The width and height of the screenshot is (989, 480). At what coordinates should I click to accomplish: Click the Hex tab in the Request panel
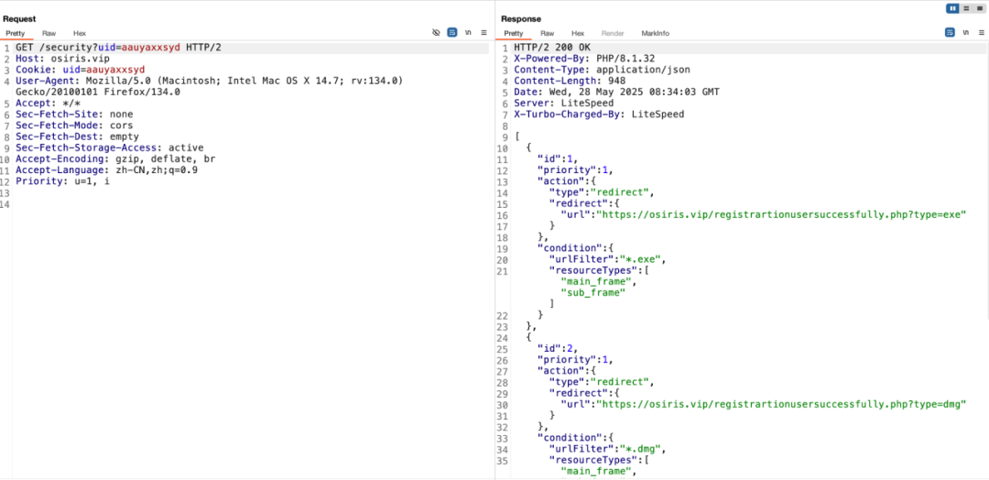[80, 33]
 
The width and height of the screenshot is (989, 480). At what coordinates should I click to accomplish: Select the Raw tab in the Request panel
[49, 33]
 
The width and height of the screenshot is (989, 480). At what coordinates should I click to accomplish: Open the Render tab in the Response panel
[613, 33]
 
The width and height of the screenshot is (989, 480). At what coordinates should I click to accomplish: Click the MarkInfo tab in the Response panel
[655, 33]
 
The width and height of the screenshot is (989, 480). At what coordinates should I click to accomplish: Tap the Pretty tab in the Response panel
[513, 33]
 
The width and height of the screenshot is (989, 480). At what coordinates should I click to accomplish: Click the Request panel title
[19, 18]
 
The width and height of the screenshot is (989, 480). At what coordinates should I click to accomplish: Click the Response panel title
[521, 18]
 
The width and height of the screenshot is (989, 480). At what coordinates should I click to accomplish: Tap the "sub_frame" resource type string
[599, 292]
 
